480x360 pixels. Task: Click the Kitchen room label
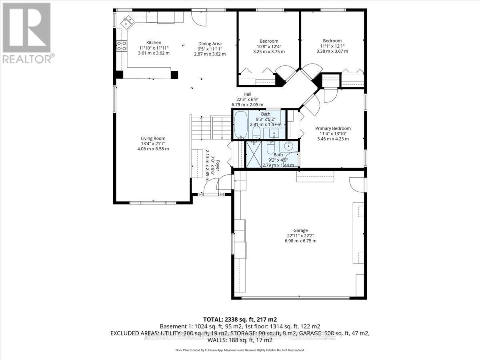point(154,43)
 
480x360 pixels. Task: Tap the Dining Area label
point(210,44)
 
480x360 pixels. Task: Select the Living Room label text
point(154,138)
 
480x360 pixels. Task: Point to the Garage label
point(300,230)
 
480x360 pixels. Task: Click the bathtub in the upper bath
point(240,124)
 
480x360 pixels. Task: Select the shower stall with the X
point(253,154)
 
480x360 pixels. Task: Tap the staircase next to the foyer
point(211,127)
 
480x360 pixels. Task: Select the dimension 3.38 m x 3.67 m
point(332,51)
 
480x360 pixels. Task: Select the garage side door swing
point(357,184)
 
